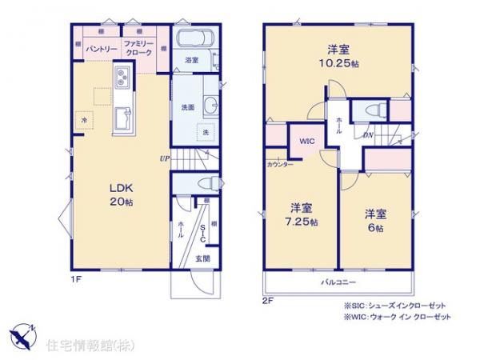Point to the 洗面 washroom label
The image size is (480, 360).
click(x=183, y=107)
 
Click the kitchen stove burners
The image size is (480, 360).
click(x=123, y=78)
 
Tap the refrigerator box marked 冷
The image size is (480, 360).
click(x=84, y=120)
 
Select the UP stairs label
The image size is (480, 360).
click(x=164, y=158)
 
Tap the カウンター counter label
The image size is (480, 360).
click(x=279, y=164)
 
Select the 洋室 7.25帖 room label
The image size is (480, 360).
click(x=303, y=212)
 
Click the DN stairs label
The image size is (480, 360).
click(x=367, y=134)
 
